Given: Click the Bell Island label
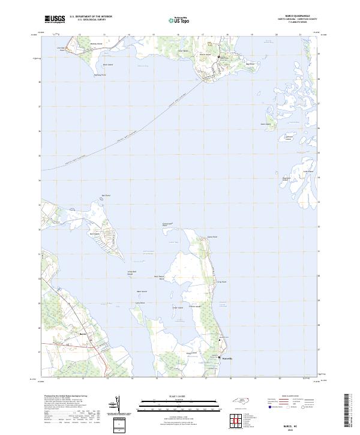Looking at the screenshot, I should point(94,234).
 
